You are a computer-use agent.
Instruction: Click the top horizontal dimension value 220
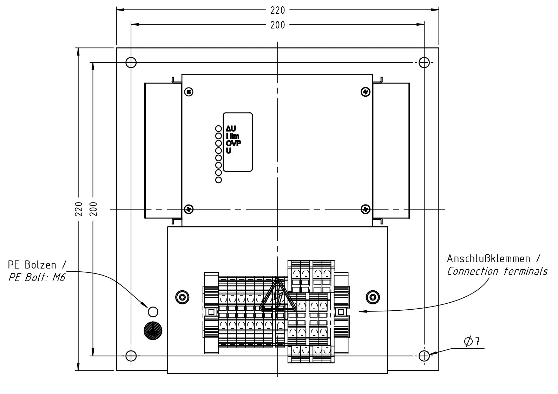click(x=277, y=10)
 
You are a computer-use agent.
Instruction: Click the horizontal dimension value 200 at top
click(x=277, y=25)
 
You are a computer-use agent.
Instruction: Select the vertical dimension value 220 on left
click(x=79, y=209)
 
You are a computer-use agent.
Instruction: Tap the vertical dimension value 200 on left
click(x=93, y=209)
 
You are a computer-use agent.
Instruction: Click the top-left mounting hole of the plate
click(x=131, y=63)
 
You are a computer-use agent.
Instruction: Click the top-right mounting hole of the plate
click(x=424, y=63)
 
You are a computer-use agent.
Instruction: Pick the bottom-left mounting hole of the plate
click(x=131, y=356)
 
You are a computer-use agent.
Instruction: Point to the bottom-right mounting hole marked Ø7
click(x=424, y=356)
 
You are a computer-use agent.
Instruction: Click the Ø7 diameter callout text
click(x=472, y=341)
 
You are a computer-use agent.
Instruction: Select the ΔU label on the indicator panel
click(x=231, y=129)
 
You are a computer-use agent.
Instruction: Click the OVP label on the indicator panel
click(x=234, y=143)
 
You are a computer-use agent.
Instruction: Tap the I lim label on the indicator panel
click(x=232, y=136)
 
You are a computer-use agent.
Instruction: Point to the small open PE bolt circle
click(x=153, y=311)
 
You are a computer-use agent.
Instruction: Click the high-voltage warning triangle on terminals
click(x=277, y=297)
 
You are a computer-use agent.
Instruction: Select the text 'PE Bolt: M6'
click(x=37, y=277)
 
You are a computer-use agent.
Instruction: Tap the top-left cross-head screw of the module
click(x=189, y=92)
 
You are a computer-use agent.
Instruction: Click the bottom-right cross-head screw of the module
click(x=365, y=209)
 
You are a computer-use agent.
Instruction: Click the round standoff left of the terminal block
click(x=182, y=297)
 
